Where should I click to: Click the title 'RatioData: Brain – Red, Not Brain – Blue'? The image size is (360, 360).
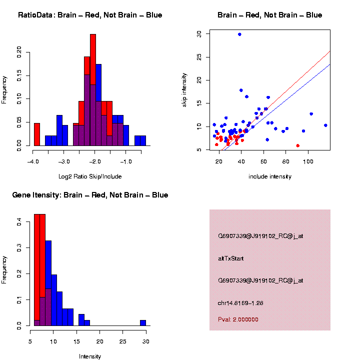tap(90, 15)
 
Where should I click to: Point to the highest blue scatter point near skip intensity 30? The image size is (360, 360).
tap(239, 34)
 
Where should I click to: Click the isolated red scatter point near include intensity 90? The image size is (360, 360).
tap(297, 145)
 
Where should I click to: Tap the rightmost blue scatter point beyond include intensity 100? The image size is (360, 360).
tap(325, 125)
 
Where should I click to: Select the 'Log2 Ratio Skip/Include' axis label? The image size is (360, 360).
tap(89, 176)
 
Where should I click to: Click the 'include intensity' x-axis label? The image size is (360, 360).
tap(270, 176)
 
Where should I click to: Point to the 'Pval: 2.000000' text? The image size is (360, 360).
tap(238, 319)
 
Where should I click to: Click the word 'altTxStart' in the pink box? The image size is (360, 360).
tap(230, 258)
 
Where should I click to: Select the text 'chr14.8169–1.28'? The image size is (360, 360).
tap(240, 303)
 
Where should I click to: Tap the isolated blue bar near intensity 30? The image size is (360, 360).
tap(143, 322)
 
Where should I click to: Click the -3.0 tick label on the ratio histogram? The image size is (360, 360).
tap(64, 161)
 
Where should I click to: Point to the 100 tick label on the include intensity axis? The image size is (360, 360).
tap(308, 161)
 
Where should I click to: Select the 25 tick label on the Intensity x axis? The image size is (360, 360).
tap(123, 341)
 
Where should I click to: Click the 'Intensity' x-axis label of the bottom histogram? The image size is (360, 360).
tap(90, 356)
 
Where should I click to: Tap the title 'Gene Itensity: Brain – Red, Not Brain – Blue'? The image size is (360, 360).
tap(90, 195)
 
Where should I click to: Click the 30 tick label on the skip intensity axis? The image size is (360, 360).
tap(199, 33)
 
